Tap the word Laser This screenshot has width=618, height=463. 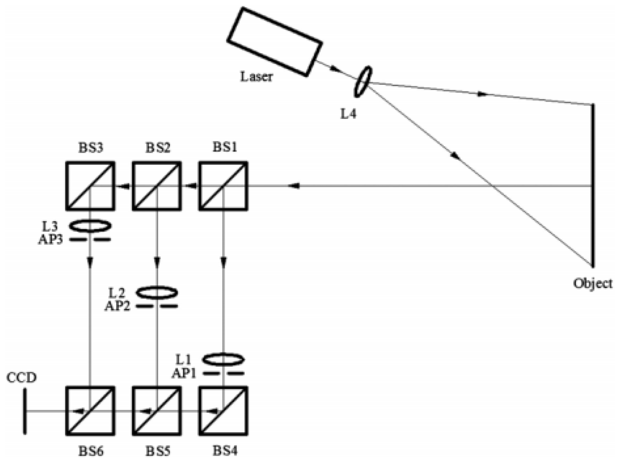[x=256, y=76]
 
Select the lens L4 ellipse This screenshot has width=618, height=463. [x=363, y=82]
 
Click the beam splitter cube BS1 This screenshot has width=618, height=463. [x=223, y=186]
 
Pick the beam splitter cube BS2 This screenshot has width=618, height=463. [x=157, y=186]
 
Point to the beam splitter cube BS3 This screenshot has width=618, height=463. [x=90, y=186]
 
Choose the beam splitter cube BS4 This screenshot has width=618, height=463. [x=223, y=411]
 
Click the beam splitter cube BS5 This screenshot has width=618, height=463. [x=157, y=411]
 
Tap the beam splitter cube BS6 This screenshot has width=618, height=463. [x=90, y=411]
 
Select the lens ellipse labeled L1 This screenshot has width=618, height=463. [x=223, y=359]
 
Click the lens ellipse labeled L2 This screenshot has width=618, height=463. [x=157, y=293]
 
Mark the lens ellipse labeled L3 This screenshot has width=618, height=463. [x=90, y=226]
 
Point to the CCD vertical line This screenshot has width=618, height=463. [x=25, y=411]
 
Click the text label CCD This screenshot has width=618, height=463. [x=21, y=377]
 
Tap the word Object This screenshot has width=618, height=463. [x=592, y=284]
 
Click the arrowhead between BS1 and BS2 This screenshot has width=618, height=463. [x=191, y=186]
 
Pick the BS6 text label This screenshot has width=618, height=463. [x=91, y=451]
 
